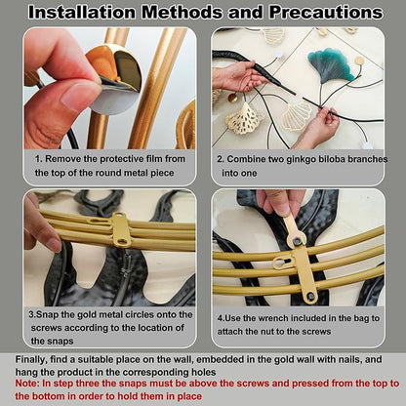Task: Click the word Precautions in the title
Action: (x=326, y=13)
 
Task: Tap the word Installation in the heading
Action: (x=82, y=13)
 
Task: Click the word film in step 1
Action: (x=154, y=159)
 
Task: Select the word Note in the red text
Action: (x=25, y=384)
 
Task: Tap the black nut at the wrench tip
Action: (x=297, y=241)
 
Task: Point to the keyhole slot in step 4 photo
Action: (x=281, y=263)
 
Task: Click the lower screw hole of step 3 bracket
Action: (x=122, y=241)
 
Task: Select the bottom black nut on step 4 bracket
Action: (x=311, y=296)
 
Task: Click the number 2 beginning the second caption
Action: (x=220, y=159)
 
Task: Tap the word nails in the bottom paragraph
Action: (x=349, y=359)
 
